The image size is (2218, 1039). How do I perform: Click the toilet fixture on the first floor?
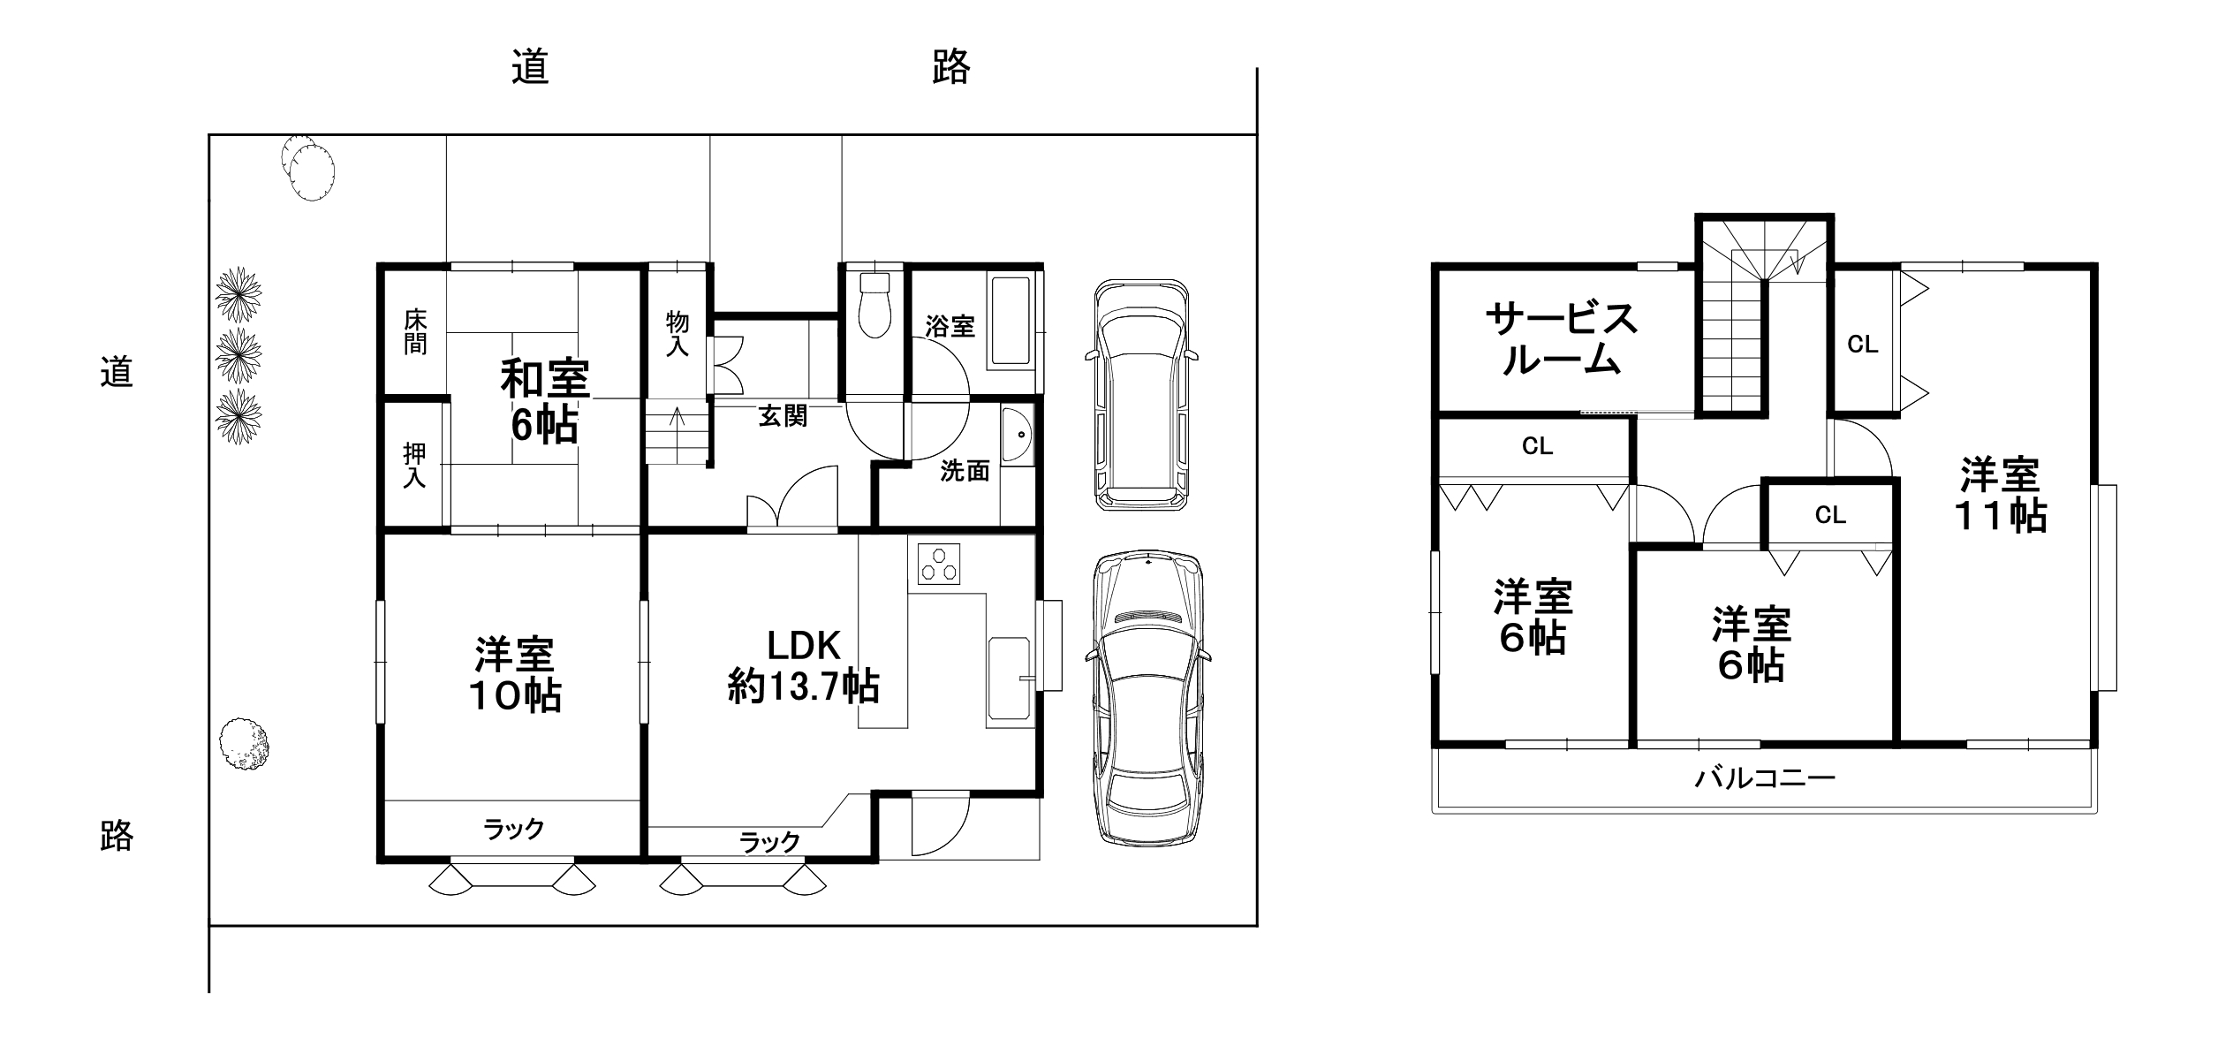pyautogui.click(x=874, y=303)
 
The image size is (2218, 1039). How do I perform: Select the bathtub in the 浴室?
pyautogui.click(x=1011, y=322)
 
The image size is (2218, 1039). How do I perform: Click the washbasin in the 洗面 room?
pyautogui.click(x=1018, y=436)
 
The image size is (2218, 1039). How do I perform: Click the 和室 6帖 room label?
pyautogui.click(x=545, y=402)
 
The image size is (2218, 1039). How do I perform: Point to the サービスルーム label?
pyautogui.click(x=1562, y=338)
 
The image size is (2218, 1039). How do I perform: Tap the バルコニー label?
pyautogui.click(x=1765, y=777)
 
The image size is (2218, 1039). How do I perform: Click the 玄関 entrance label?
pyautogui.click(x=783, y=416)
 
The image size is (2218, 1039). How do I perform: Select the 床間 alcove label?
pyautogui.click(x=415, y=331)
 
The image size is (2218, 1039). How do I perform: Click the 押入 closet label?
pyautogui.click(x=414, y=466)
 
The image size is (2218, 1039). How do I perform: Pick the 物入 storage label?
pyautogui.click(x=678, y=334)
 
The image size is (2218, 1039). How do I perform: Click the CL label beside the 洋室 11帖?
pyautogui.click(x=1863, y=345)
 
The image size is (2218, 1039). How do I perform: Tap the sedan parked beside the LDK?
pyautogui.click(x=1147, y=698)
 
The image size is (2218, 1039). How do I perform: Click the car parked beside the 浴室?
pyautogui.click(x=1141, y=394)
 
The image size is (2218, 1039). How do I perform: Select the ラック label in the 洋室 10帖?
pyautogui.click(x=513, y=829)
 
